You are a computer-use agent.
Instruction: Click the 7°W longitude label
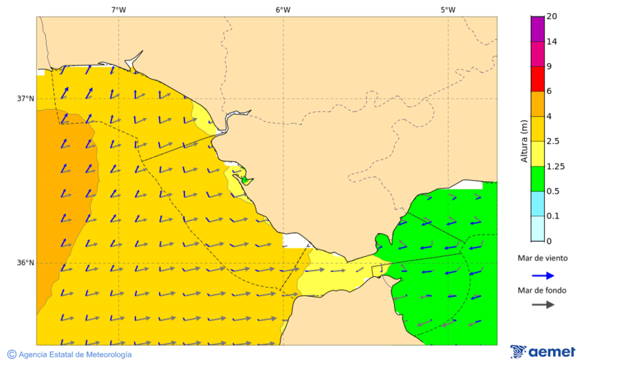tap(118, 10)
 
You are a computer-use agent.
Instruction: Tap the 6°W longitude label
tap(283, 10)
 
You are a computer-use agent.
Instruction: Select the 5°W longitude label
tap(448, 10)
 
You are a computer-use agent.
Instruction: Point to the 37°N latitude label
tap(25, 99)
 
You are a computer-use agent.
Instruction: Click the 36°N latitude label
tap(25, 263)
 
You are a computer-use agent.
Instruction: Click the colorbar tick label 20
tap(551, 16)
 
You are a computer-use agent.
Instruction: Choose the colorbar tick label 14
tap(551, 41)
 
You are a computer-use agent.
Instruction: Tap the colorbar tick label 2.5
tap(552, 141)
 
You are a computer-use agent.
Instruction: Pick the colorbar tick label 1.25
tap(555, 166)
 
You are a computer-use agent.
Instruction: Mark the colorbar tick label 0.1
tap(552, 216)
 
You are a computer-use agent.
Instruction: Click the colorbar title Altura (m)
tap(524, 141)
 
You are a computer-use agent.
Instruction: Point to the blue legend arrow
tap(543, 275)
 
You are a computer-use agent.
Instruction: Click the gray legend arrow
tap(543, 304)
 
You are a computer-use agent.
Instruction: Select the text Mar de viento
tap(543, 258)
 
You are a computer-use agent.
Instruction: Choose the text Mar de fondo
tap(543, 290)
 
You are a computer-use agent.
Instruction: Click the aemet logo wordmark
tap(551, 352)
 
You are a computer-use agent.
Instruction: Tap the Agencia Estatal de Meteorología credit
tap(74, 354)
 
